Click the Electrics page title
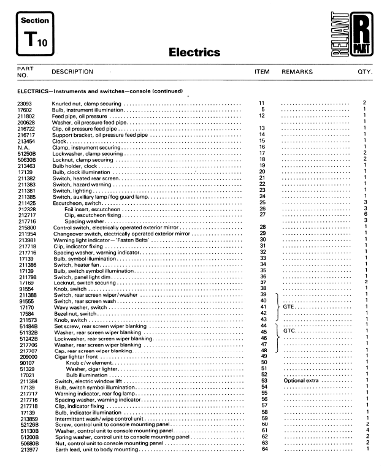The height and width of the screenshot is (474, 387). pyautogui.click(x=194, y=53)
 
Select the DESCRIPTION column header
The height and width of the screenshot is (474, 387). pyautogui.click(x=72, y=72)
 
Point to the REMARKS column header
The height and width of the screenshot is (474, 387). pyautogui.click(x=297, y=72)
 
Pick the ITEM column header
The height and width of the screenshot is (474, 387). pyautogui.click(x=262, y=72)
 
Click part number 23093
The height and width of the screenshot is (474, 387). pyautogui.click(x=25, y=102)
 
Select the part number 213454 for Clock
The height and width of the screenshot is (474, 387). pyautogui.click(x=26, y=141)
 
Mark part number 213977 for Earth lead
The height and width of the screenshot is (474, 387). pyautogui.click(x=26, y=449)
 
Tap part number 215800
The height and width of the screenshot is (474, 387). pyautogui.click(x=26, y=227)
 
